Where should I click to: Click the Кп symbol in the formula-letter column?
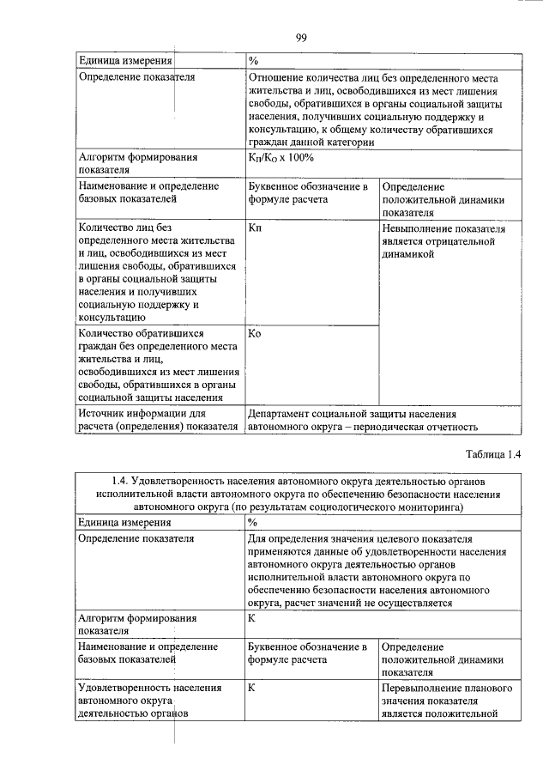pos(255,229)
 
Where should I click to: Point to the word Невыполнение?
pos(421,229)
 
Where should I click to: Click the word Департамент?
pos(283,413)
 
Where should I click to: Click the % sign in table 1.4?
pos(253,522)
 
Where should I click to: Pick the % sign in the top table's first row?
pos(253,61)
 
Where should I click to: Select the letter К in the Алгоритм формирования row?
pos(251,617)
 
